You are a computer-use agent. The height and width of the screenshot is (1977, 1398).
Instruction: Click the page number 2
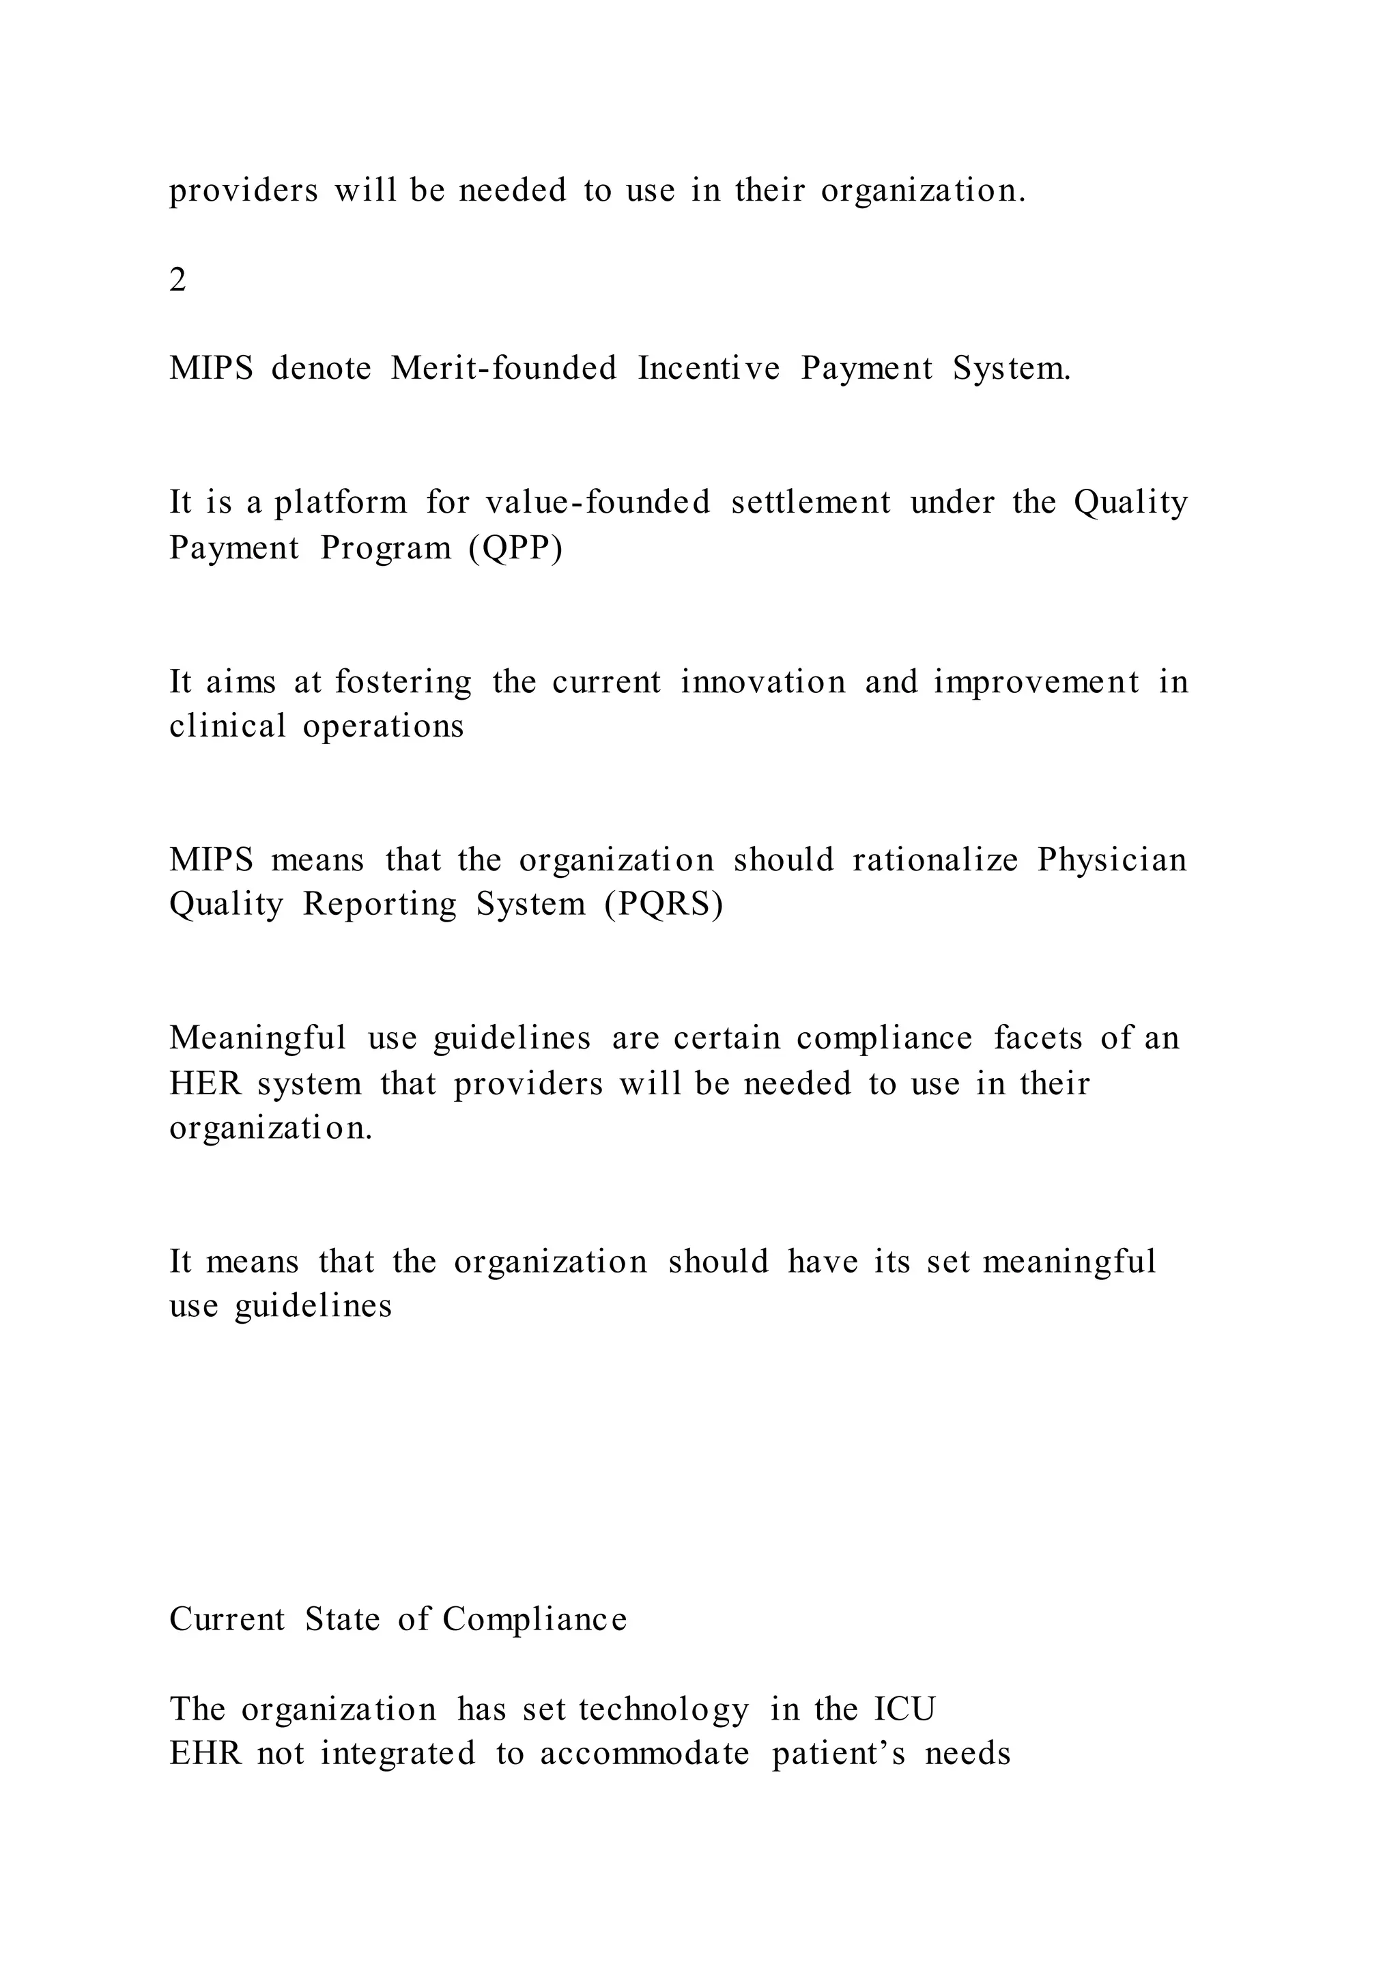point(177,280)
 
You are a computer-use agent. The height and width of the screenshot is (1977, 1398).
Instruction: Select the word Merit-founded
point(504,369)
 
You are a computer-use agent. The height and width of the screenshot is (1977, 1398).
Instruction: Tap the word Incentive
point(709,369)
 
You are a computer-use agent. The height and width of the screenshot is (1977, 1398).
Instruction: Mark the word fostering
point(403,682)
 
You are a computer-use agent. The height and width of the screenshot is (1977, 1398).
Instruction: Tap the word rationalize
point(936,860)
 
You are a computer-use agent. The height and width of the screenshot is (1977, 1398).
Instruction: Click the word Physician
point(1112,860)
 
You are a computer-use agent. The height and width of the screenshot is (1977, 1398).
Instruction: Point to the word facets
point(1038,1038)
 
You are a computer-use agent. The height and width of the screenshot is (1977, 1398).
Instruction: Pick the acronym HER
point(205,1083)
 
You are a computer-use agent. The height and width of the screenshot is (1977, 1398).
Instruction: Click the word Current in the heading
point(227,1620)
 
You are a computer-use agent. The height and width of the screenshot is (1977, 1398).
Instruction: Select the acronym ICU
point(904,1709)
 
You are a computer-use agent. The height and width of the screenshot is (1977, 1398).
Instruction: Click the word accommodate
point(645,1754)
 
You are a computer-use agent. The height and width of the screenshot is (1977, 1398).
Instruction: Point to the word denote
point(321,369)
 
